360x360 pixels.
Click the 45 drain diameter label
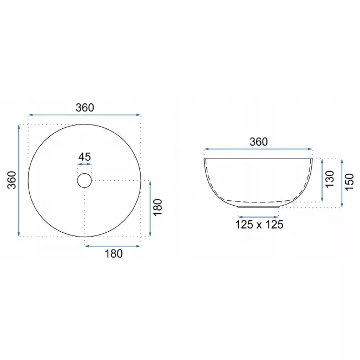84,157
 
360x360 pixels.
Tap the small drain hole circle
84,174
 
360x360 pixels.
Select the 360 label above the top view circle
84,108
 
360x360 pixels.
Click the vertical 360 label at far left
12,180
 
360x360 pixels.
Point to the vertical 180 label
158,207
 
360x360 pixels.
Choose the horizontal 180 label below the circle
114,254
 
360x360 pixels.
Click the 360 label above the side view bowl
259,142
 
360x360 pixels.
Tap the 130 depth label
330,179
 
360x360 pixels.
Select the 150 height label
350,182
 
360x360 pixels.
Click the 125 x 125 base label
259,224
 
